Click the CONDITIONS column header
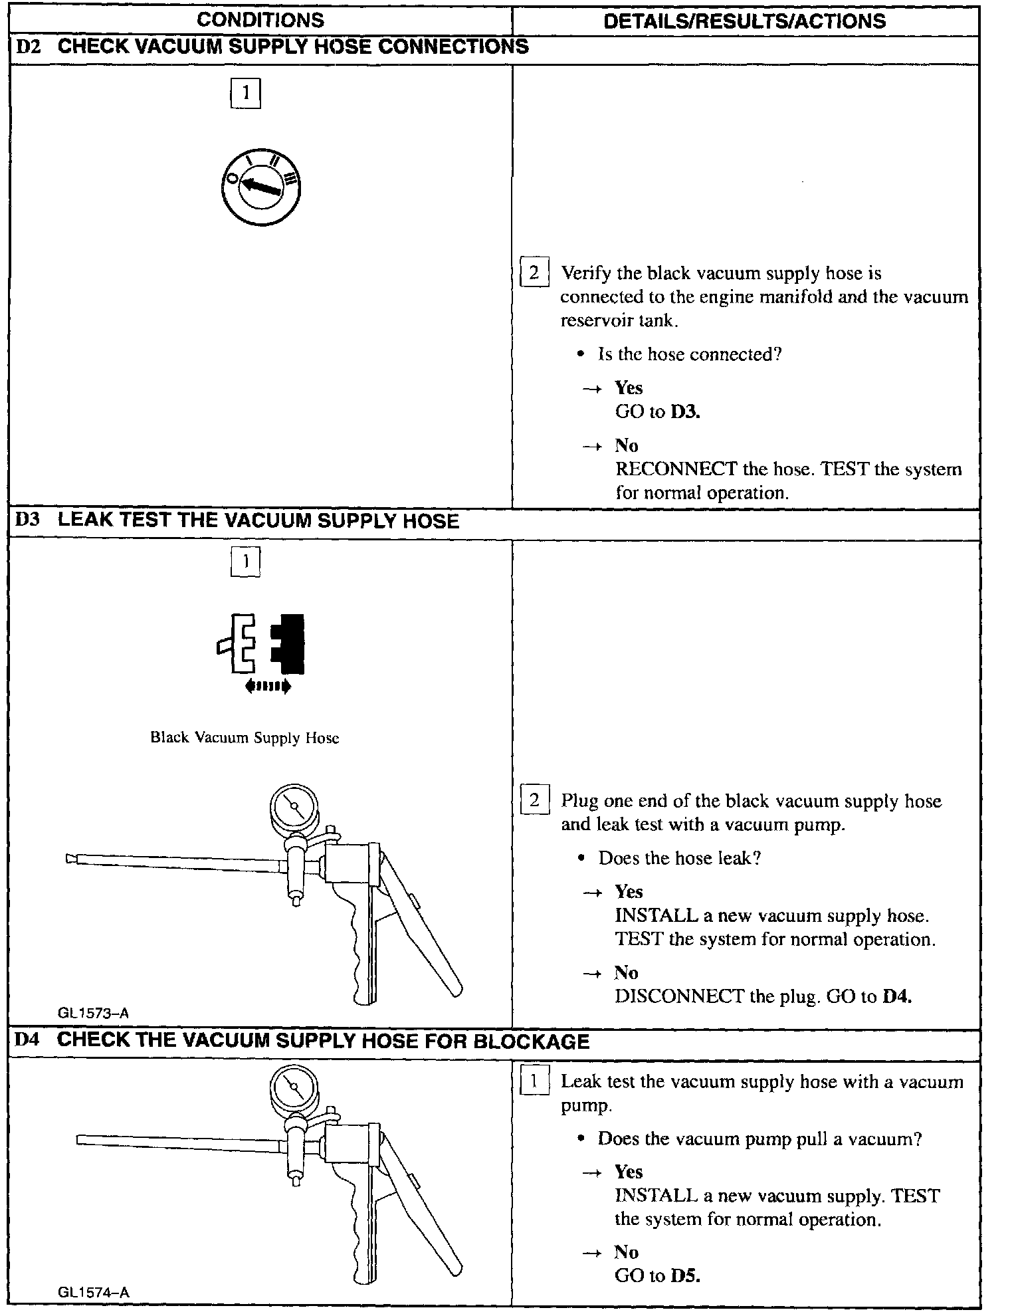tap(260, 21)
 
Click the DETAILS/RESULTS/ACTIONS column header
tap(745, 21)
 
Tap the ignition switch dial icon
tap(260, 189)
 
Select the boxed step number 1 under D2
tap(245, 93)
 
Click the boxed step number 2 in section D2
tap(534, 273)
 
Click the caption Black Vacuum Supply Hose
tap(245, 738)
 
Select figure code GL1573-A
tap(93, 1014)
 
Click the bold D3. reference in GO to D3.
tap(686, 412)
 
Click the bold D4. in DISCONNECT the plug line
tap(897, 996)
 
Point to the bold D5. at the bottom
tap(686, 1276)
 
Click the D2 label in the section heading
tap(28, 47)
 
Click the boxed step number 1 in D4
tap(534, 1082)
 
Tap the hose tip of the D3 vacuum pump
tap(71, 859)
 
